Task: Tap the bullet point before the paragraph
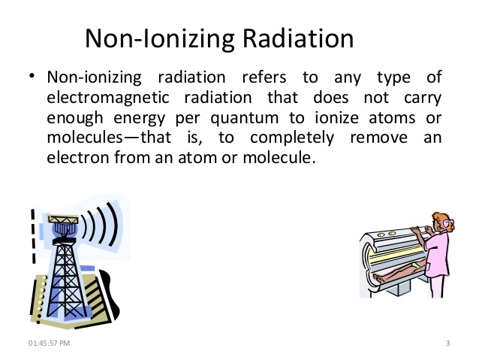tap(32, 78)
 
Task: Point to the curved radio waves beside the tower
tap(101, 225)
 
